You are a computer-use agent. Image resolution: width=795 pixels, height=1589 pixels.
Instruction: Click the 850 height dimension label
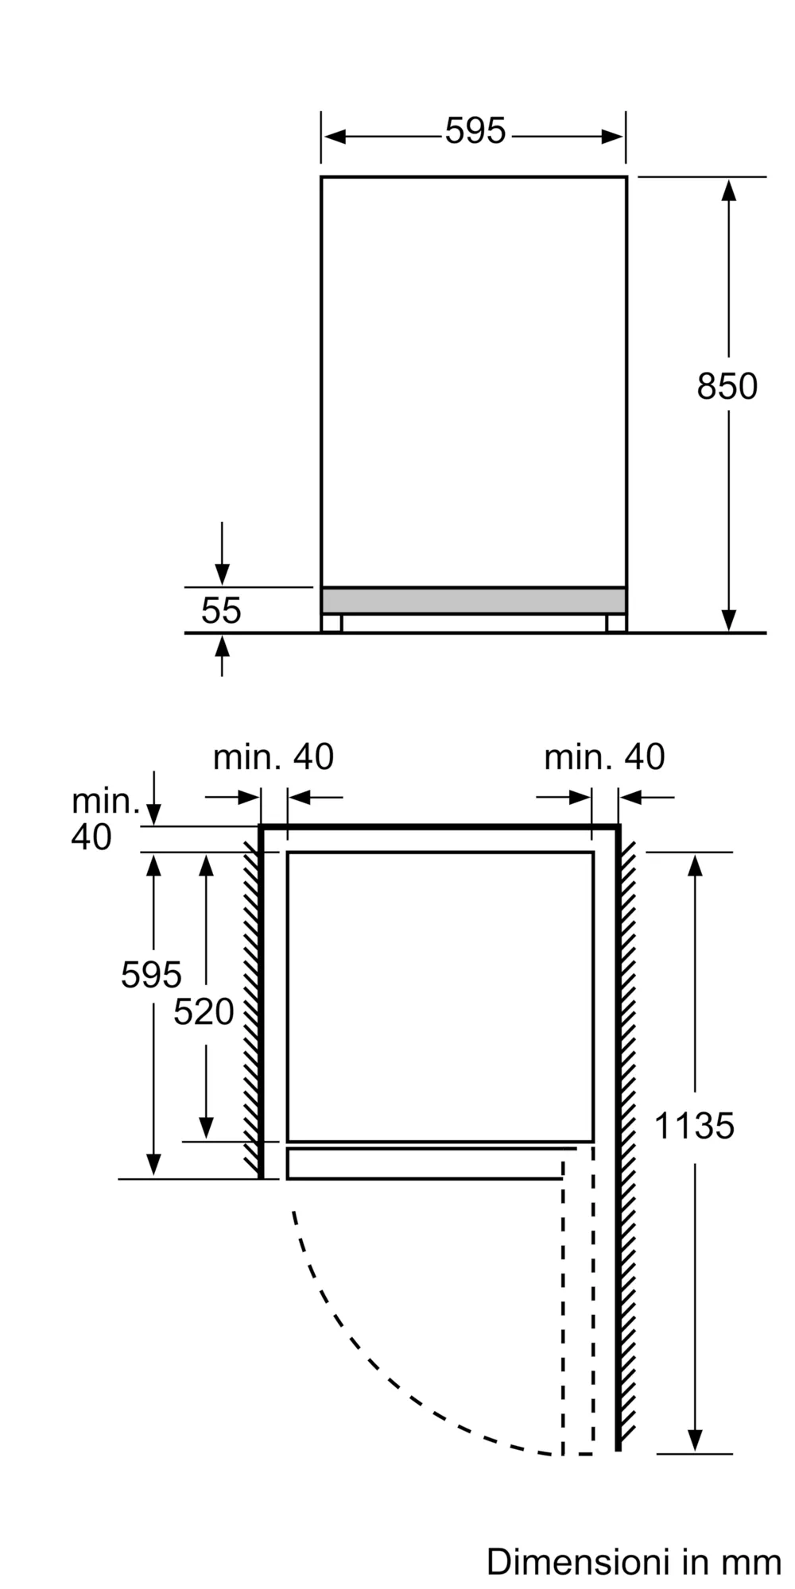click(727, 387)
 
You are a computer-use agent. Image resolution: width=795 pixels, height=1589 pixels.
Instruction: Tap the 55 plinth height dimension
click(221, 611)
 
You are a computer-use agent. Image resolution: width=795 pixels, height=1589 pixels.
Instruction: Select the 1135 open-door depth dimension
click(694, 1127)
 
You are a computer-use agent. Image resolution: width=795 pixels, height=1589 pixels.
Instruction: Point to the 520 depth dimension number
click(204, 1012)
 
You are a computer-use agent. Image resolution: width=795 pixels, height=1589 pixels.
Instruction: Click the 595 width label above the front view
click(475, 131)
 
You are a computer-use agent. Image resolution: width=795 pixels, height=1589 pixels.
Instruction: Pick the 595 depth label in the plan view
click(151, 975)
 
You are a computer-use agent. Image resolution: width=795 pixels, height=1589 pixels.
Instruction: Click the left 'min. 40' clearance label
click(273, 757)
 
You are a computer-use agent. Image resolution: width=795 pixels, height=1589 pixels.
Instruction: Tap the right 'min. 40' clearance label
click(604, 757)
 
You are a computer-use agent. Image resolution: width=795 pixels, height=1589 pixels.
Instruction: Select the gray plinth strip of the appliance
click(474, 601)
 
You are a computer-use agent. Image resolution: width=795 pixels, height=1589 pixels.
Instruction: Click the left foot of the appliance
click(332, 623)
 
